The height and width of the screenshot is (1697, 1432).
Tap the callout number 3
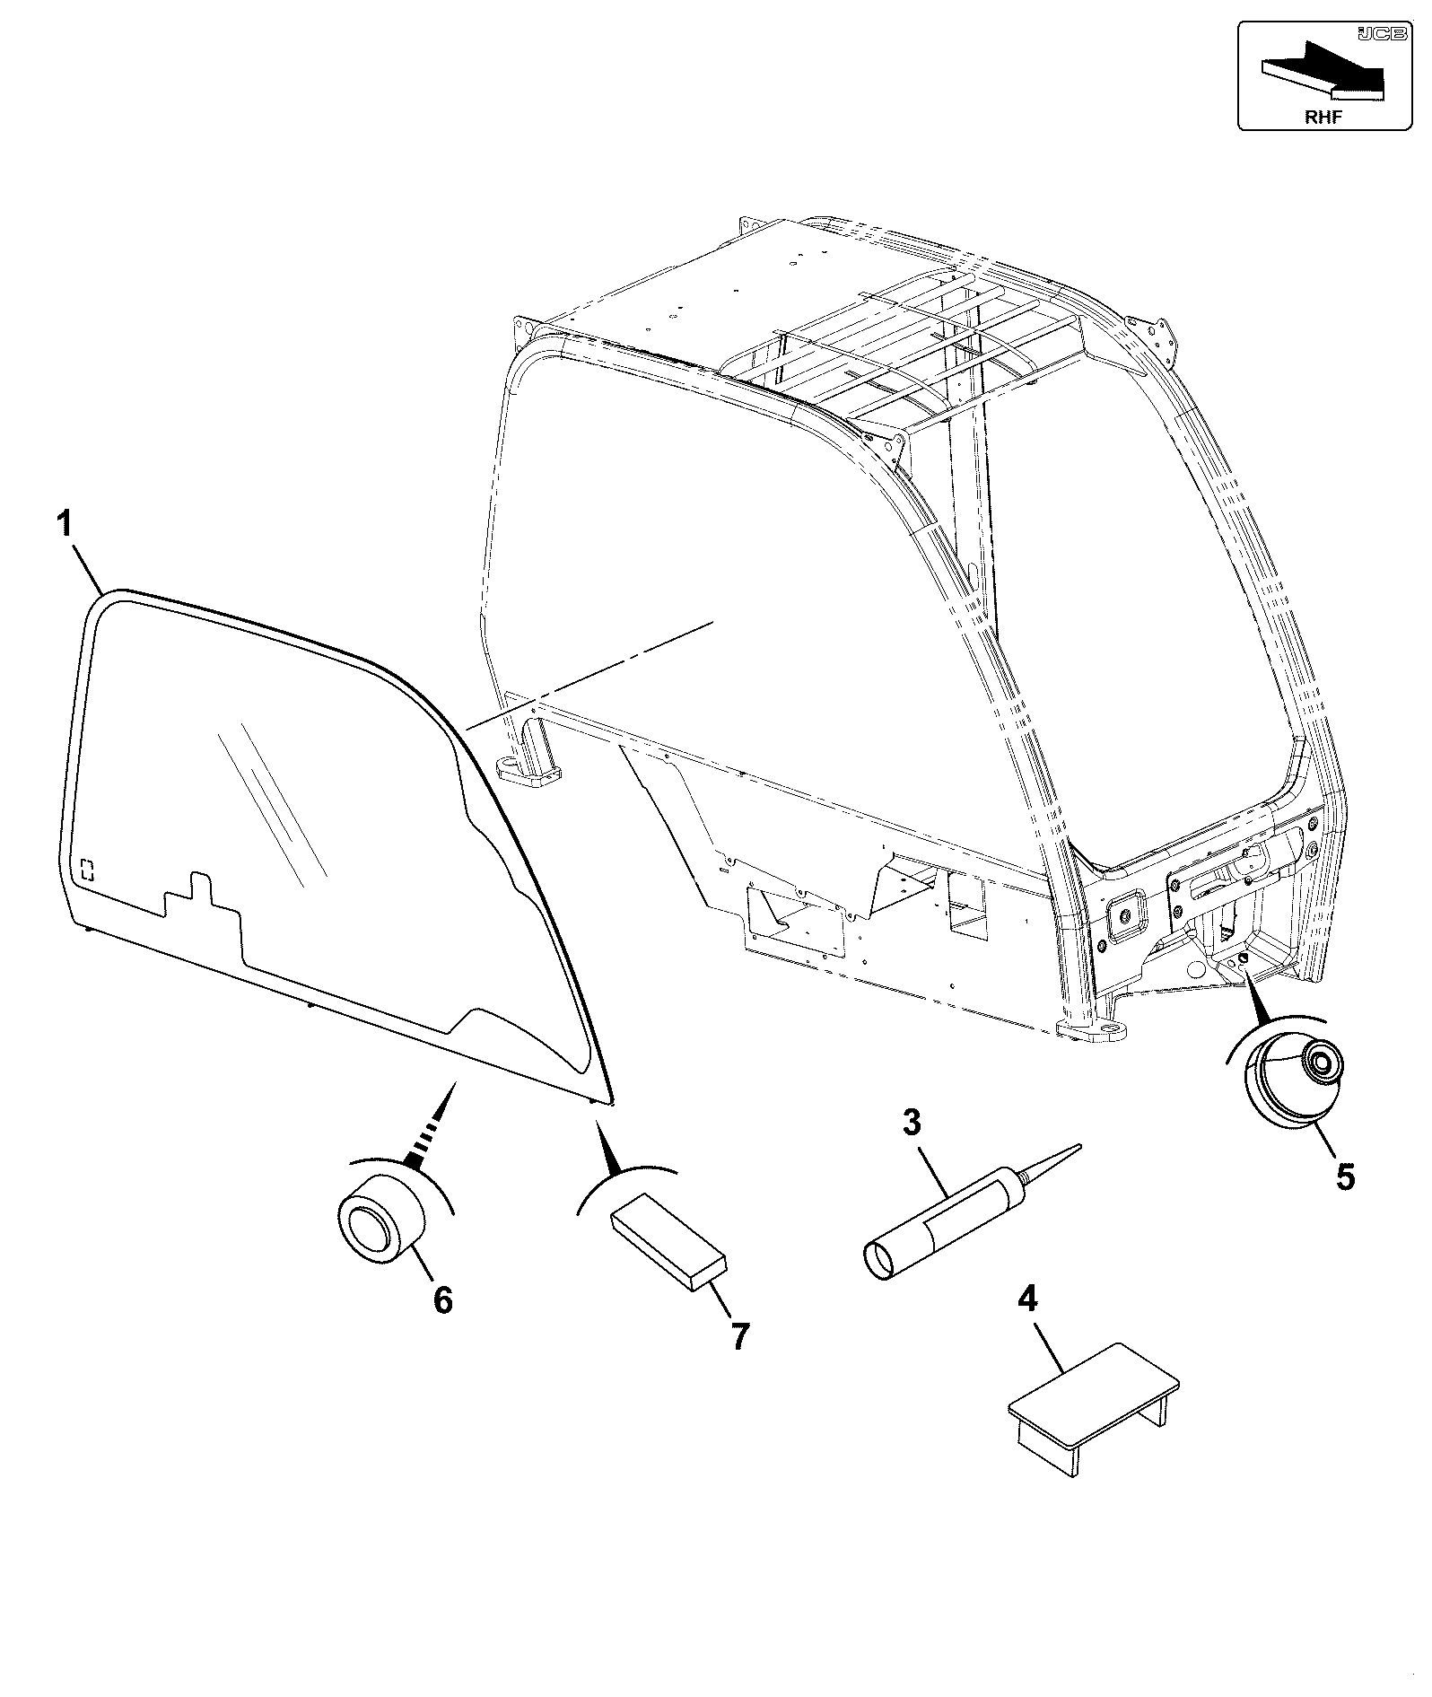click(911, 1123)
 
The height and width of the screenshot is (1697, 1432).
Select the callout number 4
click(1028, 1299)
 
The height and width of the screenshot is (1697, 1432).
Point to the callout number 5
click(1344, 1177)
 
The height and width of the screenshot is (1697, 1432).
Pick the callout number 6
click(443, 1299)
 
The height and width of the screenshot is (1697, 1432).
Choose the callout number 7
click(738, 1361)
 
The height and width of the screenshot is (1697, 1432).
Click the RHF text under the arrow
click(1323, 117)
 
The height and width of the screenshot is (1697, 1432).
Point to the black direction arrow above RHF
click(1323, 71)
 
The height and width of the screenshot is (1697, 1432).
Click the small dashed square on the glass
click(87, 870)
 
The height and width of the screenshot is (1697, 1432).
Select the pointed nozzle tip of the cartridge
click(1081, 1144)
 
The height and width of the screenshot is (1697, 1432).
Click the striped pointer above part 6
click(433, 1126)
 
